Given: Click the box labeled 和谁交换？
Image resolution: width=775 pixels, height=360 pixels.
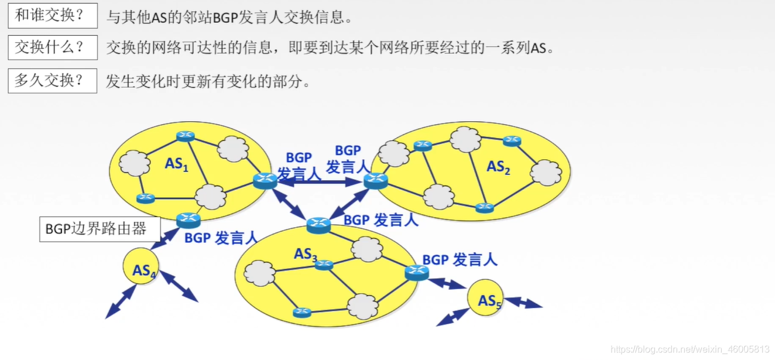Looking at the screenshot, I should click(53, 16).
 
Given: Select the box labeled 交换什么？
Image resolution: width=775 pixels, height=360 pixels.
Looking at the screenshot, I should click(53, 47).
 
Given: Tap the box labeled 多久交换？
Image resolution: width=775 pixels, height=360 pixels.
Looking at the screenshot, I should click(53, 80).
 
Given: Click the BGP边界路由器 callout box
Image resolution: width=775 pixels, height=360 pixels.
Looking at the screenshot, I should click(100, 229).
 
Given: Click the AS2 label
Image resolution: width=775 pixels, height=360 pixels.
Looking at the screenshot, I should click(498, 167).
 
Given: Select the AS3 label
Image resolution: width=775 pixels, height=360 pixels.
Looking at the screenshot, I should click(306, 255).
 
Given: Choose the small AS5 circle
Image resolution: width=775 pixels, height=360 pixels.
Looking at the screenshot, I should click(485, 300).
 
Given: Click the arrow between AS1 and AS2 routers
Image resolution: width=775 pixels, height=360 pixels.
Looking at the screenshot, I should click(321, 183).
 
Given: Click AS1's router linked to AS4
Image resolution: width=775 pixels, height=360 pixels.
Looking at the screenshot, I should click(188, 220).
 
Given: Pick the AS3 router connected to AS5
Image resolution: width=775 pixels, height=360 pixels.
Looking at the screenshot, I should click(417, 272).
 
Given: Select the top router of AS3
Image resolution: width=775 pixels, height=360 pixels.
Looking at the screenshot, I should click(319, 224).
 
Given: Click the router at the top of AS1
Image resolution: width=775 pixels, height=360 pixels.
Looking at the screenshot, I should click(186, 136).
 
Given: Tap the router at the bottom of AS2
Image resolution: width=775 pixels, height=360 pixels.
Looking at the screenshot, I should click(485, 207).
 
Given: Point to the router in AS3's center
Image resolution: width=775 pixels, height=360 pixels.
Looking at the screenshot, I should click(324, 265).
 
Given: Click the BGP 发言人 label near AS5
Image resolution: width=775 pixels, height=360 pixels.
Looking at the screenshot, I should click(459, 259).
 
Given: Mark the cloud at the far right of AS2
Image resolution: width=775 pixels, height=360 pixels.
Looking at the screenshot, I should click(546, 173).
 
